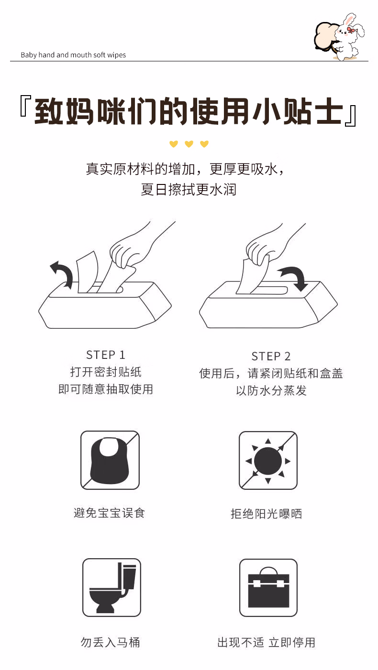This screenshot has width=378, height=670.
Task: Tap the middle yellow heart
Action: (x=189, y=144)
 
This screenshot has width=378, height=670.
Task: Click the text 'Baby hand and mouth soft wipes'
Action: (x=73, y=55)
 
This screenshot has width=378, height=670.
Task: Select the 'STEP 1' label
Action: (x=105, y=355)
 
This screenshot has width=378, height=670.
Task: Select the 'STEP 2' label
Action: (x=271, y=356)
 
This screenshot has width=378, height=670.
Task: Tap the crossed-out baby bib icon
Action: (x=110, y=460)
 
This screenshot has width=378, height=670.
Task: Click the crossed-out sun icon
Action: (x=268, y=460)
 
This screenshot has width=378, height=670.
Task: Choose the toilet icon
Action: (x=111, y=587)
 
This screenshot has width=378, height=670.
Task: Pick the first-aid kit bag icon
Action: (x=268, y=587)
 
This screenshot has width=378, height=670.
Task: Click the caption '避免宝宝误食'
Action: (x=109, y=513)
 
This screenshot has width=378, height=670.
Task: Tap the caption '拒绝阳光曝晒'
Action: (x=267, y=514)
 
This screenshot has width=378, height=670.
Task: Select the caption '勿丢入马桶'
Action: (x=110, y=642)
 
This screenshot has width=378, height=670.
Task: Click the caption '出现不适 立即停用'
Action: (x=267, y=642)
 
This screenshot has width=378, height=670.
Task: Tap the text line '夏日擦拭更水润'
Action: (x=189, y=189)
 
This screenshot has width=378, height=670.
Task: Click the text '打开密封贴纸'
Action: (x=106, y=372)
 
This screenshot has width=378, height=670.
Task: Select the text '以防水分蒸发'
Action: (x=271, y=390)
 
